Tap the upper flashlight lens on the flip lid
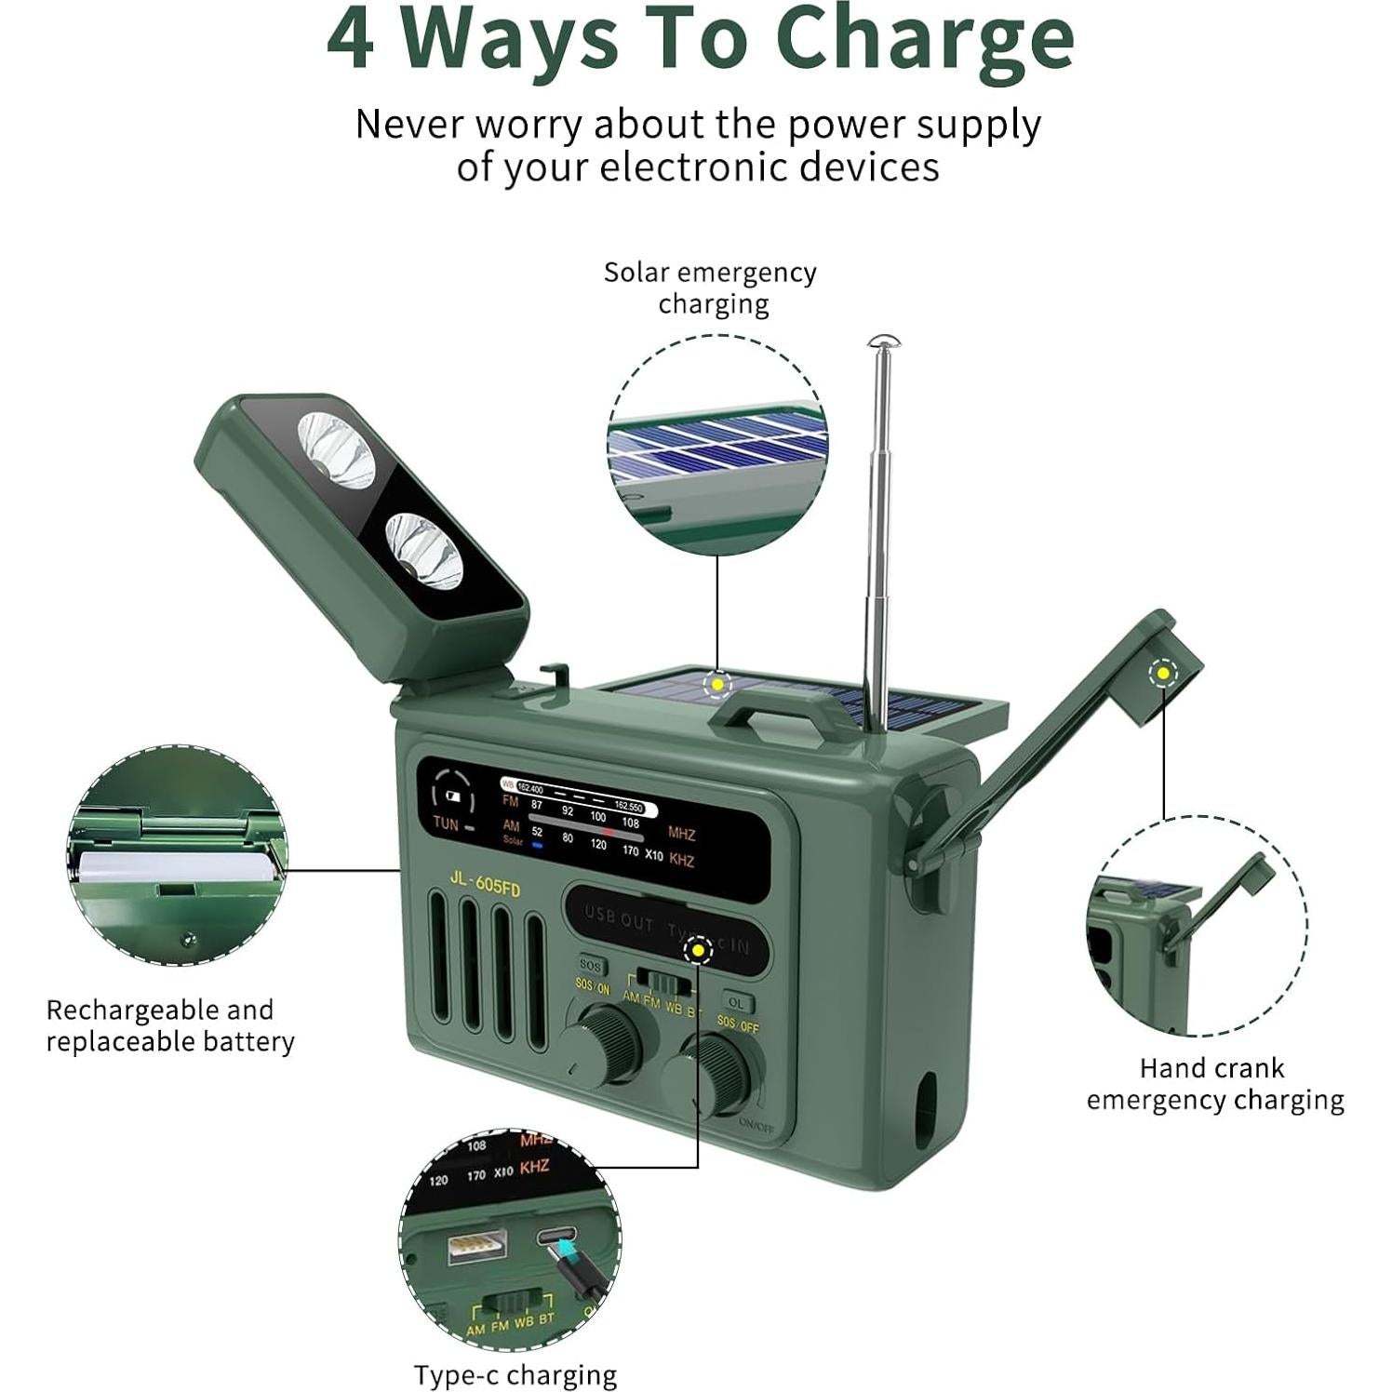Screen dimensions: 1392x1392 (x=335, y=449)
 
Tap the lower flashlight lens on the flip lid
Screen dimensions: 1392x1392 (x=424, y=549)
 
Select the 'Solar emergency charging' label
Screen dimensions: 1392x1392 (x=711, y=288)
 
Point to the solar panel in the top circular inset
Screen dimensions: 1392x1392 (x=716, y=451)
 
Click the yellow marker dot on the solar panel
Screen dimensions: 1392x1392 (x=717, y=685)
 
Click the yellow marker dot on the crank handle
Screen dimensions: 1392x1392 (x=1161, y=673)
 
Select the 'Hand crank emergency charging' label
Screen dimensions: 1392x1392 (x=1214, y=1084)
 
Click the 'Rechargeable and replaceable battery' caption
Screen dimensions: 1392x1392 (x=170, y=1025)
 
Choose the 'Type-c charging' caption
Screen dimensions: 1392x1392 (x=515, y=1375)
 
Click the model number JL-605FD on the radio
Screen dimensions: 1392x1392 (x=485, y=884)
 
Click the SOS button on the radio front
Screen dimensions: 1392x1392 (x=590, y=966)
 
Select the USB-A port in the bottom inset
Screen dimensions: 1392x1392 (x=476, y=1246)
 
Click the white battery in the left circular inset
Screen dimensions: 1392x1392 (x=177, y=867)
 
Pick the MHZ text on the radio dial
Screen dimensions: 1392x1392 (x=681, y=834)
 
